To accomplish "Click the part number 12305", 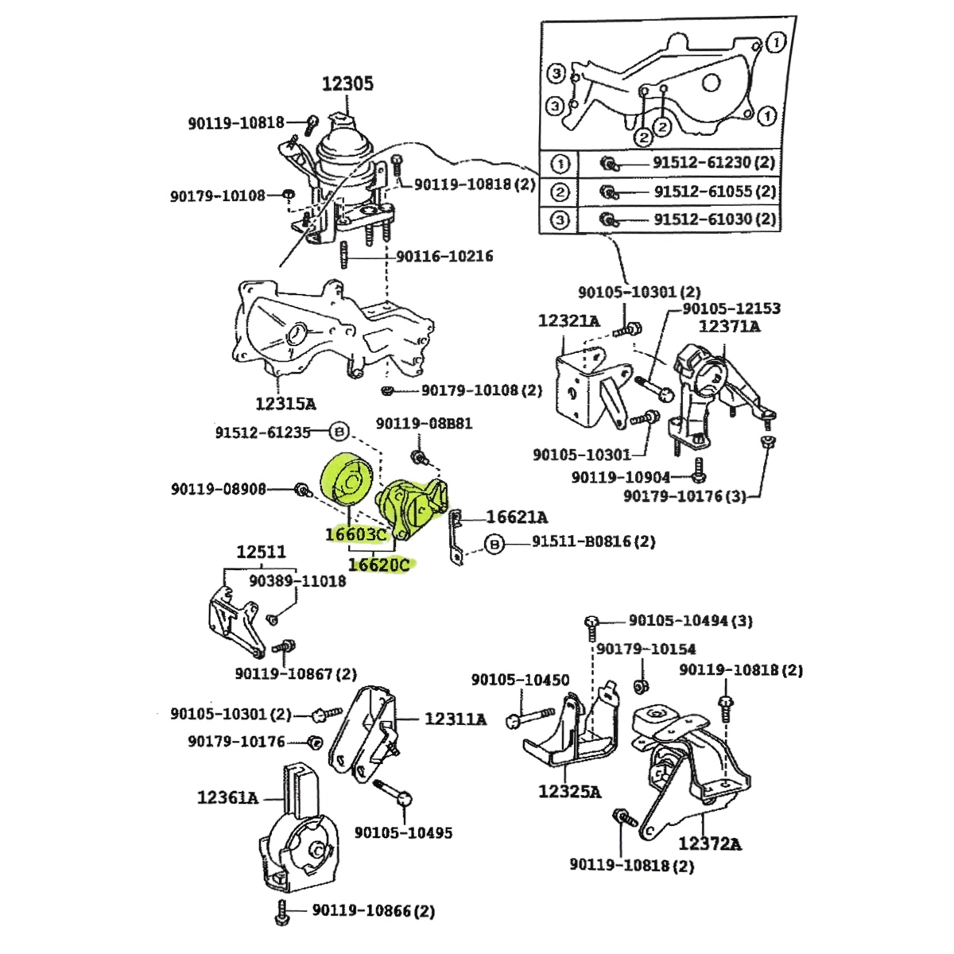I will coord(347,83).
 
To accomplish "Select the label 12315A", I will coord(285,404).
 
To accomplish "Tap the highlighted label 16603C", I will coord(355,534).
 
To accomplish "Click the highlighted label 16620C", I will coord(379,565).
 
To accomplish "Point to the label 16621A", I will coord(517,518).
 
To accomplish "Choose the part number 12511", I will coord(262,552).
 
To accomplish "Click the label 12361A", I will coord(228,796).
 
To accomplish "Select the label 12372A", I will coord(710,844).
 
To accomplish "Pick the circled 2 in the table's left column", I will coord(560,192).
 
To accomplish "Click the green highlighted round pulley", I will coord(347,479).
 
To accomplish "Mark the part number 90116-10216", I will coord(444,256).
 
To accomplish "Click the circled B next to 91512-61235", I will coord(339,432).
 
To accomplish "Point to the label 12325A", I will coord(569,792).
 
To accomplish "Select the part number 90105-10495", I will coord(403,833).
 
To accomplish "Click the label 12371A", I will coord(730,326).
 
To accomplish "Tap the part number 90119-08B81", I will coord(424,424).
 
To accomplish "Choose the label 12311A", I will coord(456,719).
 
